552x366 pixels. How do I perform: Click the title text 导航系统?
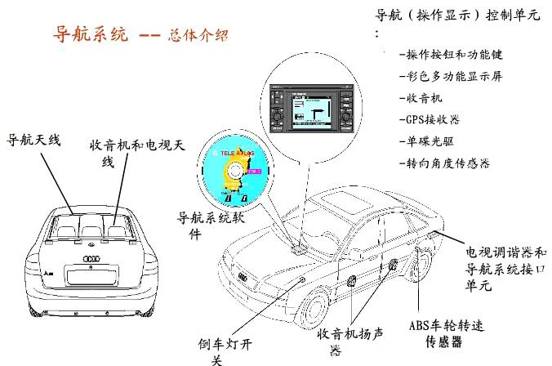(90, 37)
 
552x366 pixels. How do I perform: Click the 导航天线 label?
(34, 140)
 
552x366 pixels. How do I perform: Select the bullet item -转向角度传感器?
(444, 163)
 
